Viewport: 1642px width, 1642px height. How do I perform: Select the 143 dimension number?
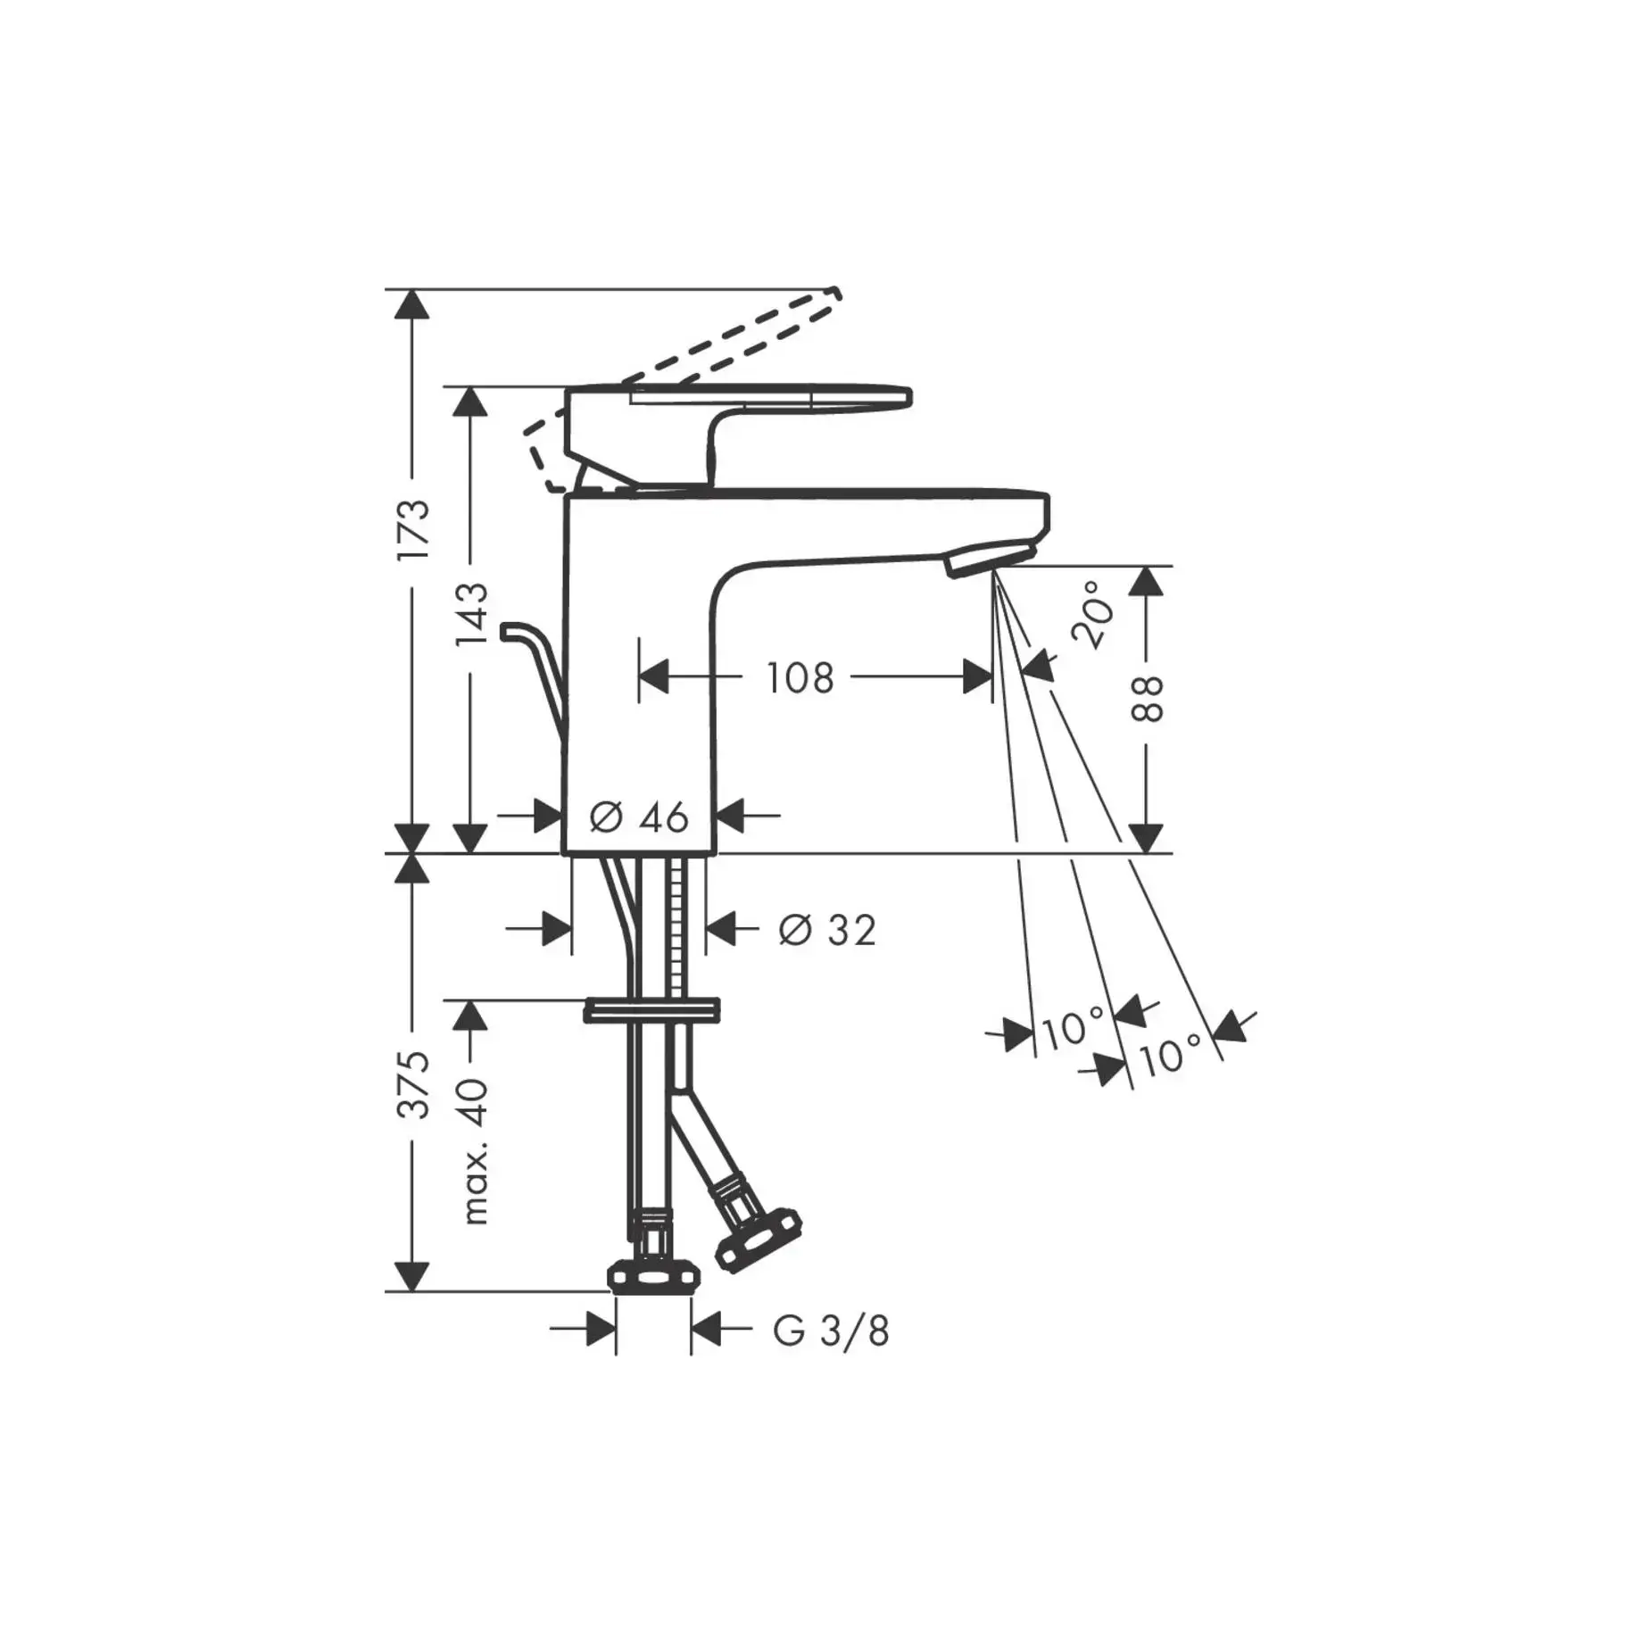472,613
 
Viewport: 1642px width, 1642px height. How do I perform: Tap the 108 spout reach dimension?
800,677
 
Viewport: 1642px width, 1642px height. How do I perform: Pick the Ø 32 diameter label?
827,930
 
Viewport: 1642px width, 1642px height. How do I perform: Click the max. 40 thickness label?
474,1151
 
